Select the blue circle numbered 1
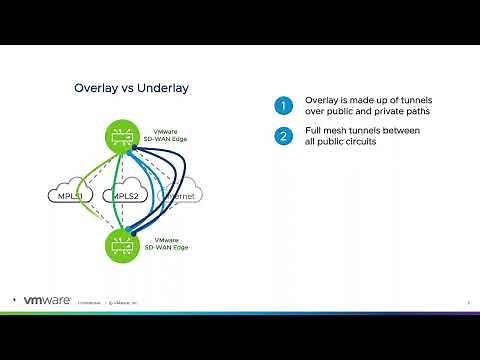pos(284,105)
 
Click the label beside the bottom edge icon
pos(167,243)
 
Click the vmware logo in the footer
pos(44,299)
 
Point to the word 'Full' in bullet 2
pos(315,131)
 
